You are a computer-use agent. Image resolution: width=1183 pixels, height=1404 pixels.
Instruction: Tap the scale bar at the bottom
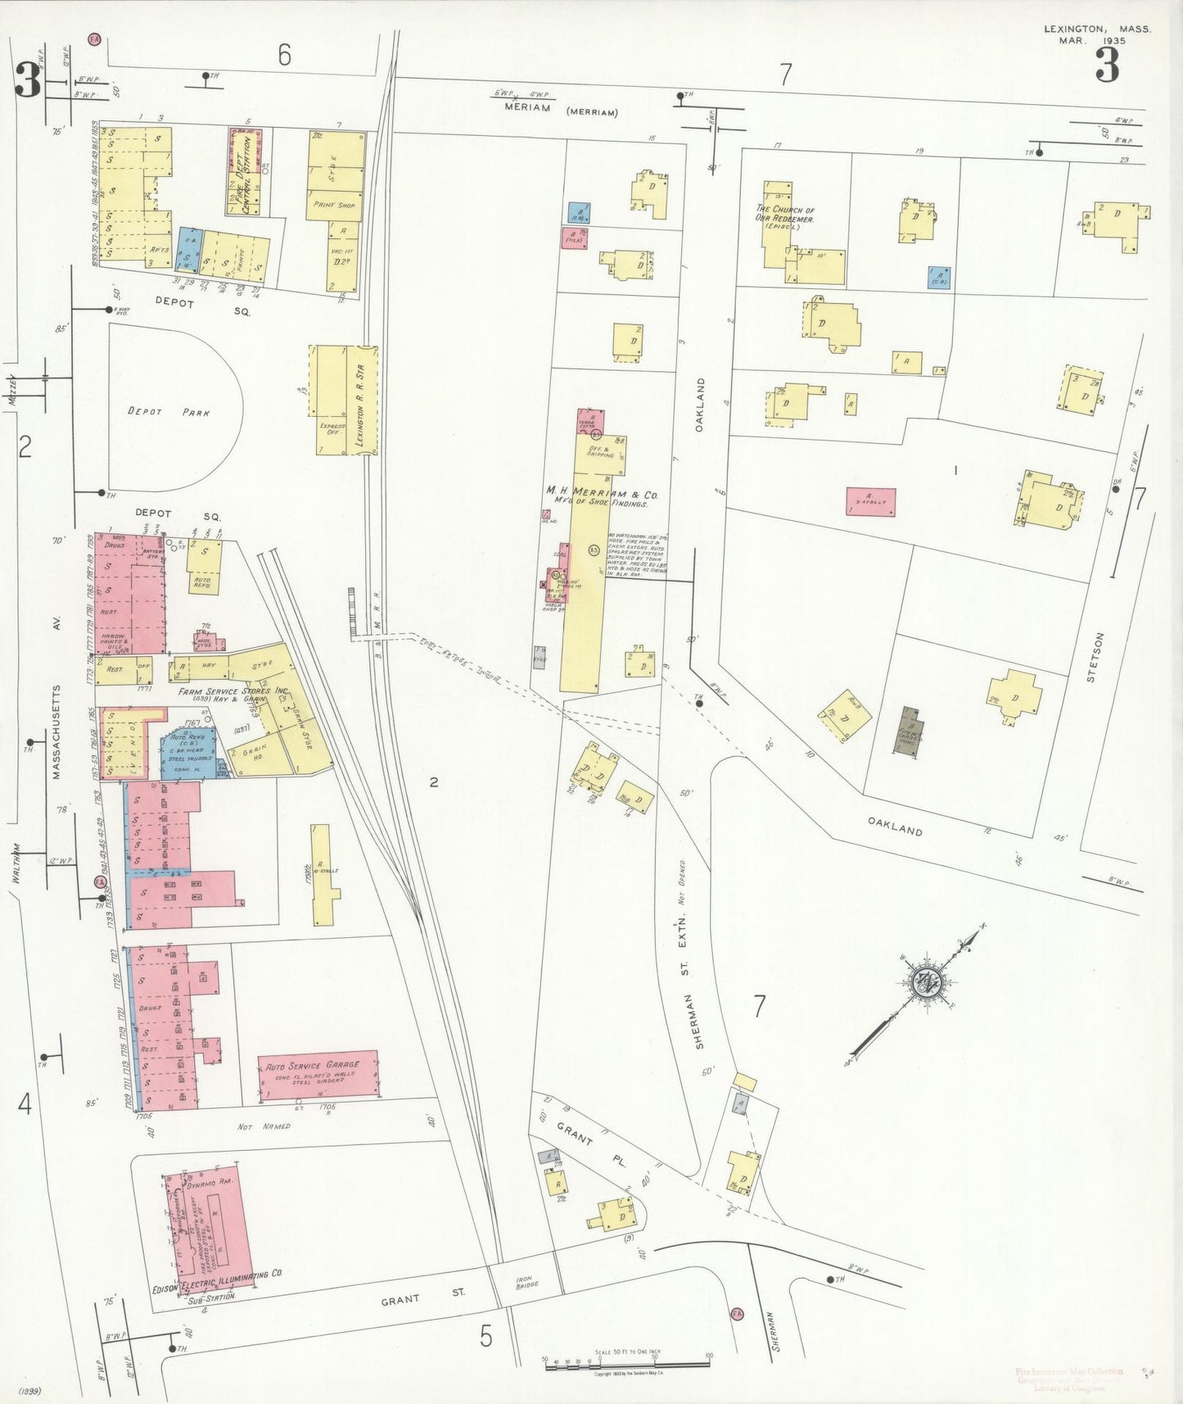(x=626, y=1364)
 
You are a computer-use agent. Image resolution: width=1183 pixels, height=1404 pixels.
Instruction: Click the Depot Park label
(x=169, y=412)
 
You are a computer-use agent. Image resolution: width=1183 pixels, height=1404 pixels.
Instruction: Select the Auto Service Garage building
(x=318, y=1074)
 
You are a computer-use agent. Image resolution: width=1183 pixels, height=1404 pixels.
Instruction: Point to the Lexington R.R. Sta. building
(x=362, y=400)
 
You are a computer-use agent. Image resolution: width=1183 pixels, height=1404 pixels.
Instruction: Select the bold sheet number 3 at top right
(x=1107, y=66)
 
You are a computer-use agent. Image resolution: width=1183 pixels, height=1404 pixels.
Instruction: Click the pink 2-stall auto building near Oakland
(x=870, y=501)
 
